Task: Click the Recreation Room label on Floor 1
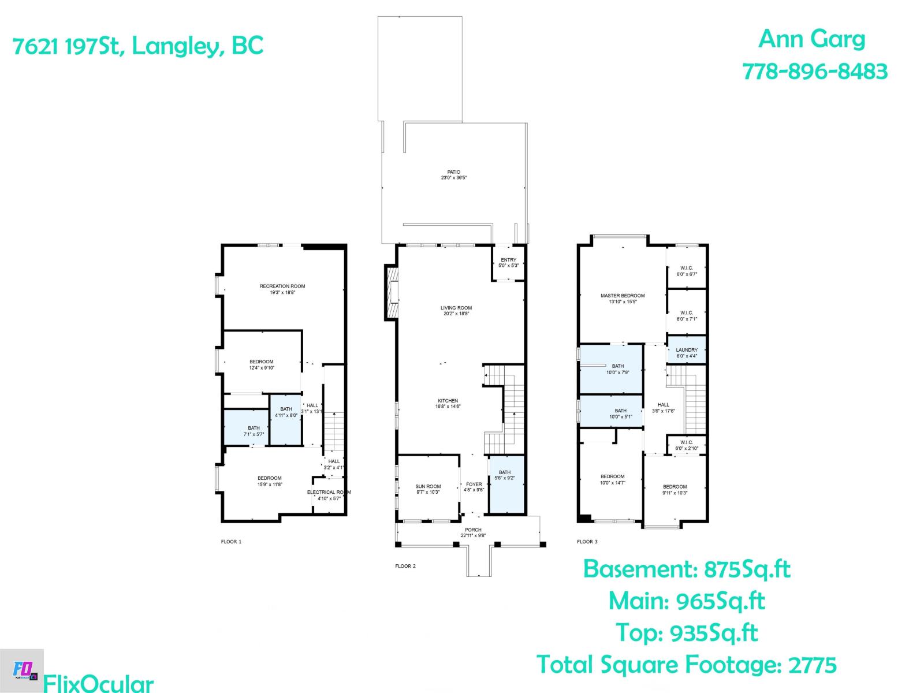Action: pyautogui.click(x=282, y=286)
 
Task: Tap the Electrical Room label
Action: pyautogui.click(x=328, y=492)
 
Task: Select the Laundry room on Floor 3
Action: pyautogui.click(x=687, y=350)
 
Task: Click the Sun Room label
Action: pyautogui.click(x=428, y=487)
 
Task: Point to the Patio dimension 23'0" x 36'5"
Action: pyautogui.click(x=453, y=178)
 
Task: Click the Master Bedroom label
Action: pyautogui.click(x=623, y=296)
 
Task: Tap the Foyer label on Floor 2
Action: pyautogui.click(x=474, y=485)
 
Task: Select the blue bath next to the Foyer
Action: pyautogui.click(x=506, y=485)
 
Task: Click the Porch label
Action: pyautogui.click(x=473, y=530)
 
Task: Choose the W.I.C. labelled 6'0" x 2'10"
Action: pyautogui.click(x=687, y=445)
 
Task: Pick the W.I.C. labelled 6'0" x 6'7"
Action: pyautogui.click(x=687, y=271)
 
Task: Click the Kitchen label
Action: pyautogui.click(x=448, y=401)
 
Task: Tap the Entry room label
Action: pyautogui.click(x=508, y=260)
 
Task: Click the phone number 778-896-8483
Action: pyautogui.click(x=814, y=72)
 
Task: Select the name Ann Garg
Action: pyautogui.click(x=811, y=39)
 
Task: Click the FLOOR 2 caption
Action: pyautogui.click(x=405, y=566)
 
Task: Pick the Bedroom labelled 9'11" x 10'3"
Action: pyautogui.click(x=675, y=490)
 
